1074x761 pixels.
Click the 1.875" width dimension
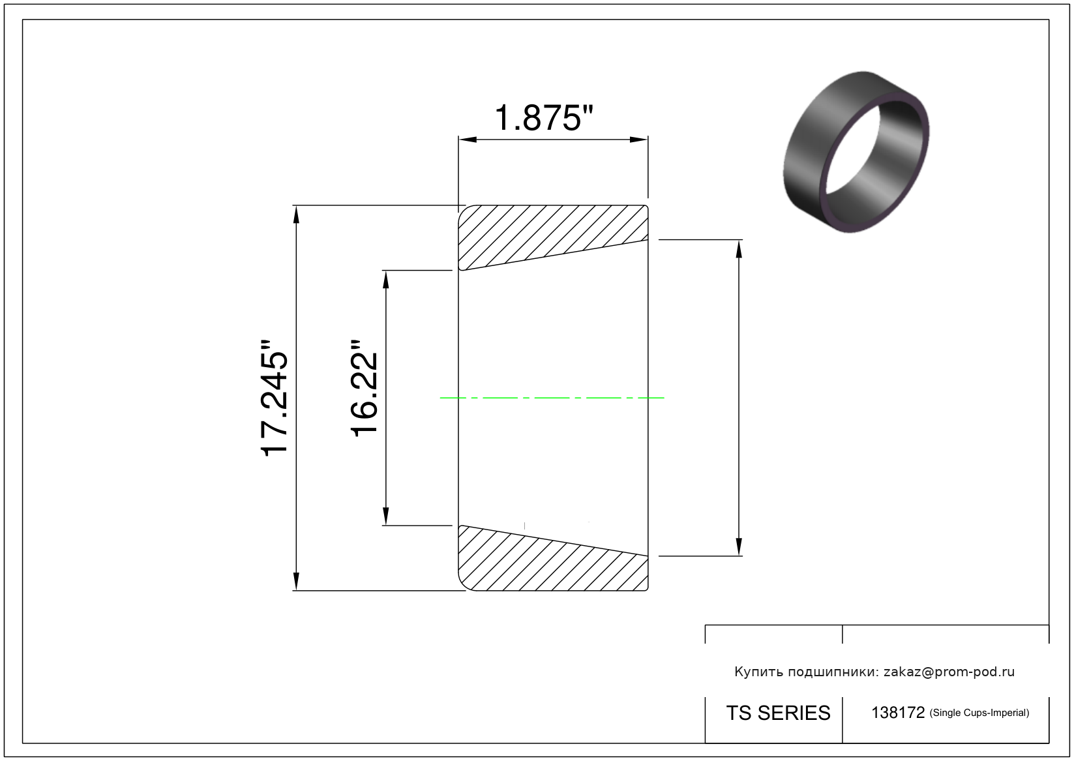click(544, 118)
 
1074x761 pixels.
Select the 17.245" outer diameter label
click(274, 398)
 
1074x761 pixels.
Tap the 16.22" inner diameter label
click(365, 389)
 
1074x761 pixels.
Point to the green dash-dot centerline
click(552, 398)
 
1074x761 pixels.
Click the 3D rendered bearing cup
click(856, 152)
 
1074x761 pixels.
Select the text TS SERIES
click(778, 713)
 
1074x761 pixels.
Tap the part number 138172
click(897, 713)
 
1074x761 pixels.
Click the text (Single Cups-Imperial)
click(979, 713)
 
